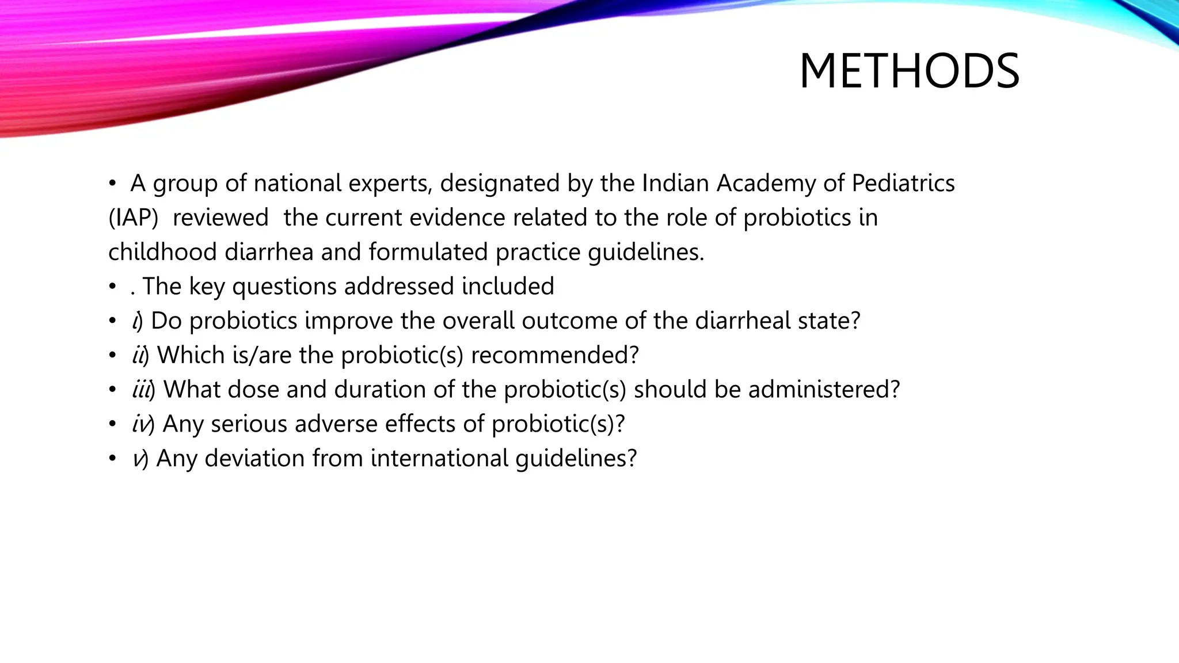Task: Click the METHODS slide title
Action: pyautogui.click(x=909, y=71)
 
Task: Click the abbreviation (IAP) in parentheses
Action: pyautogui.click(x=133, y=218)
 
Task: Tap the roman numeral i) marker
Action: pyautogui.click(x=137, y=321)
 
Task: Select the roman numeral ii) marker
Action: pyautogui.click(x=140, y=356)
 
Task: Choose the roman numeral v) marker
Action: pyautogui.click(x=140, y=459)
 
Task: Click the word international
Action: pyautogui.click(x=439, y=459)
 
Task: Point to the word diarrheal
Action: pyautogui.click(x=743, y=321)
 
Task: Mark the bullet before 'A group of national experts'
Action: pyautogui.click(x=113, y=184)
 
